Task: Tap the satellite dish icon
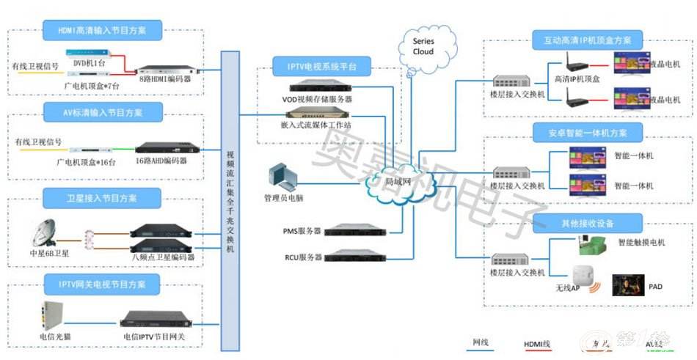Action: point(45,234)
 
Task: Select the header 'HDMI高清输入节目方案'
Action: point(102,31)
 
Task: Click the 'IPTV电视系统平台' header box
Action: point(317,67)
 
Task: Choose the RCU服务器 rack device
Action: point(354,256)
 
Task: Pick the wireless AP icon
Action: point(583,276)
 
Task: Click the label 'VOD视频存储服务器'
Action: point(317,99)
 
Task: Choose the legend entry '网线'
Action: point(481,342)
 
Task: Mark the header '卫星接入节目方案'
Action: point(102,197)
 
